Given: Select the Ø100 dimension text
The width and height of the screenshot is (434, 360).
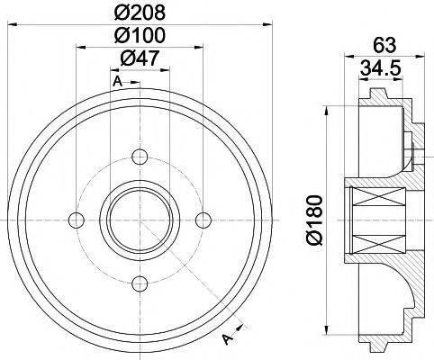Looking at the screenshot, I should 140,37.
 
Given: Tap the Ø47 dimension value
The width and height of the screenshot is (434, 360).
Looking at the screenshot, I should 140,60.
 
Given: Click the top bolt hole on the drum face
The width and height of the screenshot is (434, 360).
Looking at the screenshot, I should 139,157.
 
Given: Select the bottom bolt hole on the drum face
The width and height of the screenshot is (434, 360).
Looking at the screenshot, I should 139,285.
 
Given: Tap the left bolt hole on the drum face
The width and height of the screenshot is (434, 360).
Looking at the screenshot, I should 76,220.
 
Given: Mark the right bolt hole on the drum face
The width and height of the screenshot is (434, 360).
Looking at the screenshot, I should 203,220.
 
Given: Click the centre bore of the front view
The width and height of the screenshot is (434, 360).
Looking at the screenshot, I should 139,220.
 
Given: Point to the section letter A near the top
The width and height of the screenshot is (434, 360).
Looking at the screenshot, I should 117,83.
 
